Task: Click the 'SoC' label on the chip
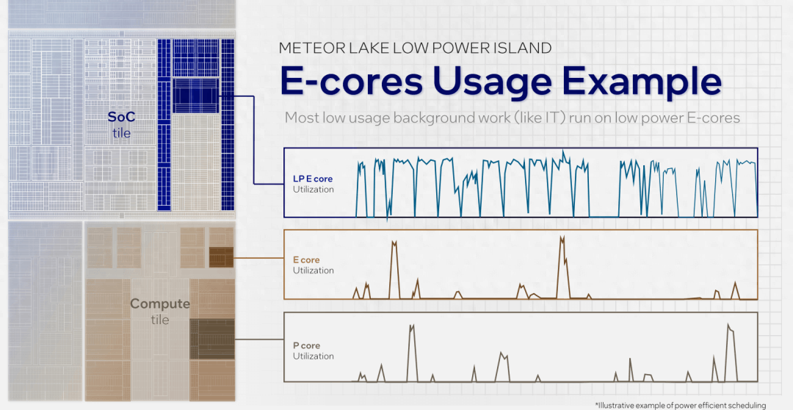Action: tap(121, 118)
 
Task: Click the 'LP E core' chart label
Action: tap(313, 179)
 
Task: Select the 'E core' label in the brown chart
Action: tap(306, 260)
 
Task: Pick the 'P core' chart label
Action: tap(306, 346)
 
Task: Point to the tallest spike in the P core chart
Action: tap(728, 325)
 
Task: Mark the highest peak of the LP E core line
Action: tap(563, 151)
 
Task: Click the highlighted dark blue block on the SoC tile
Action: tap(195, 96)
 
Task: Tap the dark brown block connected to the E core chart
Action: tap(222, 257)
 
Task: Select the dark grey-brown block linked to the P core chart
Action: tap(212, 339)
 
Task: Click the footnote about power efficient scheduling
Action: tap(681, 406)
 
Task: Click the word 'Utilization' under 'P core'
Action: tap(314, 356)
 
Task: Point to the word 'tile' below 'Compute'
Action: tap(160, 320)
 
